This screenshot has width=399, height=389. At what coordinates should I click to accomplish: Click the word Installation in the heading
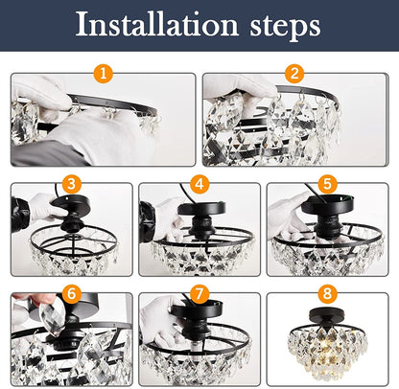pyautogui.click(x=157, y=26)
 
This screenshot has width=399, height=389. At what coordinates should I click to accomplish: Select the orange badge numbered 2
pyautogui.click(x=293, y=73)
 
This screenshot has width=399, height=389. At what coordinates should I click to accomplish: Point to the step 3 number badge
pyautogui.click(x=72, y=182)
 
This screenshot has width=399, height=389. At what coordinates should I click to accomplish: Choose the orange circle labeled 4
pyautogui.click(x=200, y=182)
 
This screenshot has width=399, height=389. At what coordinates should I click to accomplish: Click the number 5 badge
pyautogui.click(x=327, y=182)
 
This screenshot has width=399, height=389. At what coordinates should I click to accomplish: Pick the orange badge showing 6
pyautogui.click(x=72, y=292)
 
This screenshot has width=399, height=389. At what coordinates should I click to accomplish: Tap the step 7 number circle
pyautogui.click(x=200, y=292)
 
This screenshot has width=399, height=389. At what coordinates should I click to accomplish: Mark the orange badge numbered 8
pyautogui.click(x=327, y=292)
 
